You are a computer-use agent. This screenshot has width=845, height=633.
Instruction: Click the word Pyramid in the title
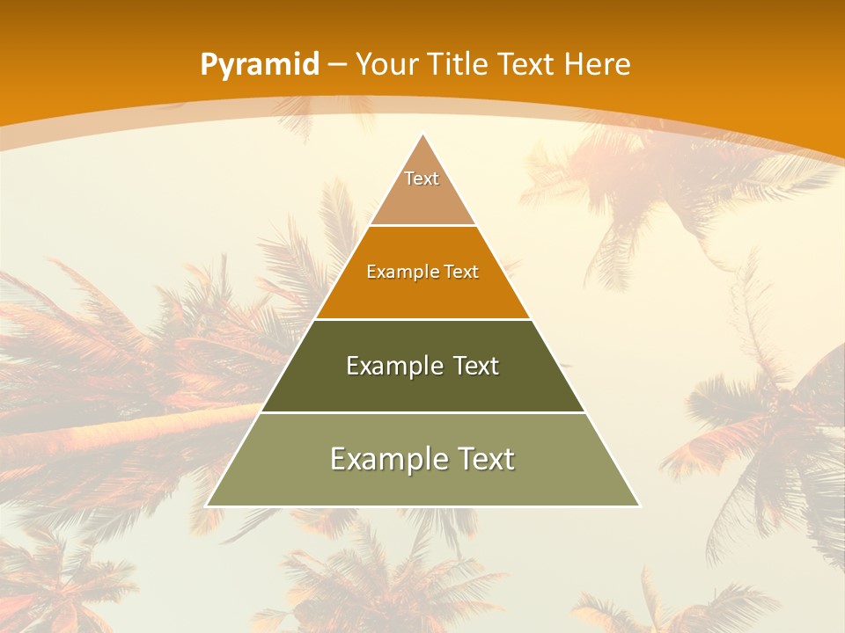259,65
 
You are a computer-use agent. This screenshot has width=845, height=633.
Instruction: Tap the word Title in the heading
459,64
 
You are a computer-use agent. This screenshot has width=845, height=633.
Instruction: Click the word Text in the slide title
529,64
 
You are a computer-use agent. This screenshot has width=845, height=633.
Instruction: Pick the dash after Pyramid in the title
336,65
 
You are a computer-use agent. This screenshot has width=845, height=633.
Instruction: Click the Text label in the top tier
422,178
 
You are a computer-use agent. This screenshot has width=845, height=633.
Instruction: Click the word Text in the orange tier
462,272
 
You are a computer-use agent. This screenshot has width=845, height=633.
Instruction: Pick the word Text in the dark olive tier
476,366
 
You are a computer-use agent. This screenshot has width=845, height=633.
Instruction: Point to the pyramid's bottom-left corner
207,506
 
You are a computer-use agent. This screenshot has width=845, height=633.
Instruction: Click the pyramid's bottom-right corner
639,506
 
